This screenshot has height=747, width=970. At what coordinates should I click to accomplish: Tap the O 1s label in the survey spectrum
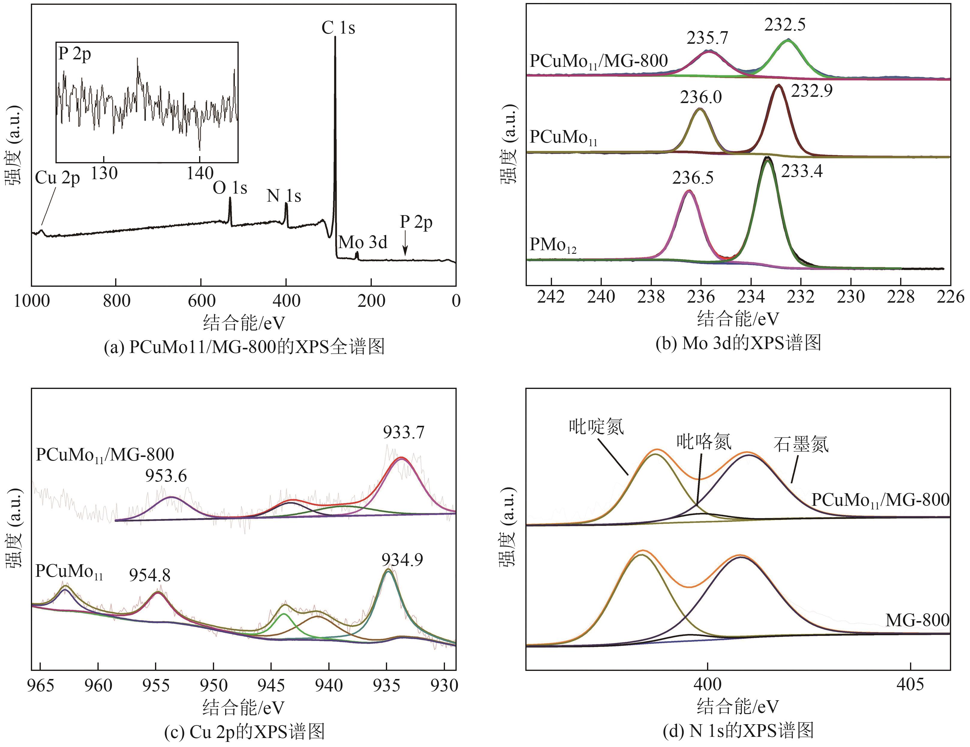click(230, 188)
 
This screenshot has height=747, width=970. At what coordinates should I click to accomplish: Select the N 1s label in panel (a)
click(284, 196)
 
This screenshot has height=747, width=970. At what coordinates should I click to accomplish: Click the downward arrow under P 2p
click(404, 246)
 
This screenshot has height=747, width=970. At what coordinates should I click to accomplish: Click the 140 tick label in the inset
click(200, 173)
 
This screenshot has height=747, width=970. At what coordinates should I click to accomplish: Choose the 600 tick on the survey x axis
click(201, 301)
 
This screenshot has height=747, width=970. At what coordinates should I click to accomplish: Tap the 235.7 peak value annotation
click(708, 38)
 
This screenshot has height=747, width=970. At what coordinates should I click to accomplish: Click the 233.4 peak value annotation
click(802, 171)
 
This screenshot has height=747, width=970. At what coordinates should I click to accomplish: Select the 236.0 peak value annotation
click(701, 97)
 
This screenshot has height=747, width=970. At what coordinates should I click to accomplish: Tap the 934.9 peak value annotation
click(402, 560)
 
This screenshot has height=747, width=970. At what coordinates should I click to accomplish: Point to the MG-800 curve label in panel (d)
click(917, 620)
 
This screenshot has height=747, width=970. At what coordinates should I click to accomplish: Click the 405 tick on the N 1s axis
click(910, 684)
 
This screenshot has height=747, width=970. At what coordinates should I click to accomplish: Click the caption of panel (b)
click(738, 343)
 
